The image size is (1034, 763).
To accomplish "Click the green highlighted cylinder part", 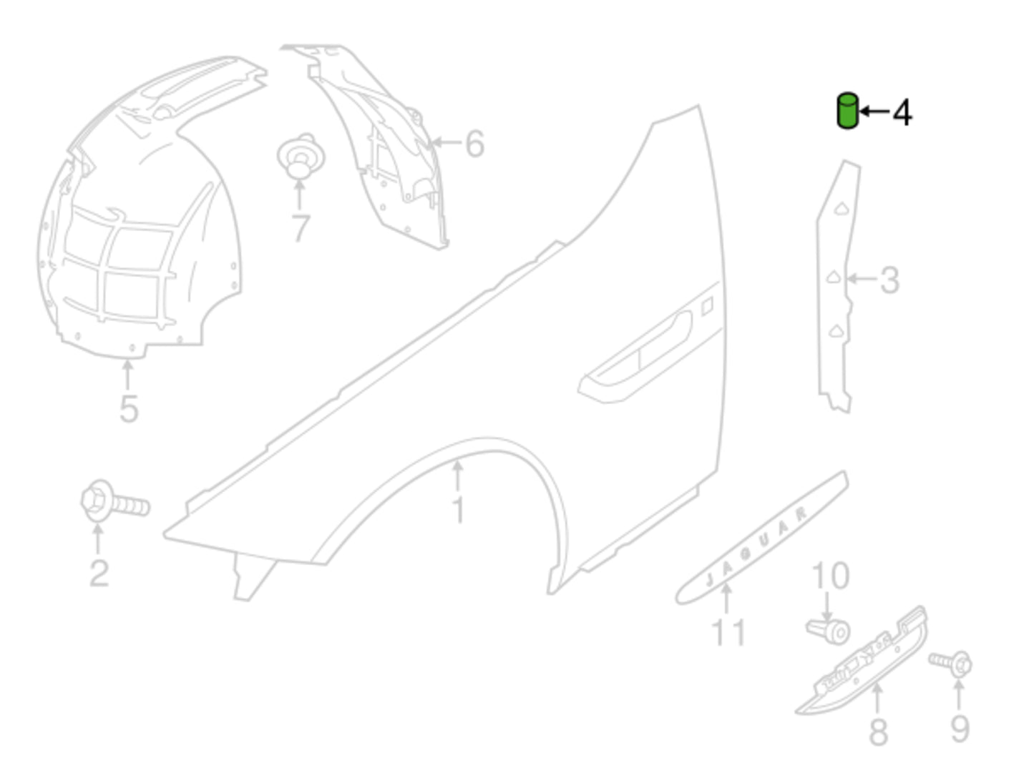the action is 847,111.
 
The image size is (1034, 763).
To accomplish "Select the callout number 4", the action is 902,113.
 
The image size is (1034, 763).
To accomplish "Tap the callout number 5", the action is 129,409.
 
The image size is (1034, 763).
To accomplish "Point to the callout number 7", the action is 301,228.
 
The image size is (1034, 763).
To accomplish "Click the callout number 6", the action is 475,144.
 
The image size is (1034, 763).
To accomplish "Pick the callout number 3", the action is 889,280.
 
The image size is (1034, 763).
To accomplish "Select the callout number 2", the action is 99,574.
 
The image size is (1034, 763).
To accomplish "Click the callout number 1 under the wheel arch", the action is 459,509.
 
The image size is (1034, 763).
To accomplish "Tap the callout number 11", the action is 728,632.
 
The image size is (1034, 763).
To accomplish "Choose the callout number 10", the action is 831,576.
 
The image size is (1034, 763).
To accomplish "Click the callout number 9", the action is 960,729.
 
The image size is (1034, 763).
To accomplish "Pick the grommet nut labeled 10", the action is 828,631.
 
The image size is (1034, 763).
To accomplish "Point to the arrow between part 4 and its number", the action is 874,112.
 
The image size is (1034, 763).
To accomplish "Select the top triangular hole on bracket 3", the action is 841,210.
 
